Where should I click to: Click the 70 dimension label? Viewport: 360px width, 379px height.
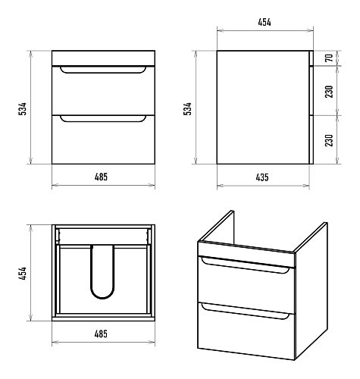point(329,58)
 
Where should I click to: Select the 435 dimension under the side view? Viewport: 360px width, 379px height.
point(262,177)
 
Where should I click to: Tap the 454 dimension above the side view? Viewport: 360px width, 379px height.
point(265,22)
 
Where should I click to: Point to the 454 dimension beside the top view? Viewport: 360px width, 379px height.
point(22,273)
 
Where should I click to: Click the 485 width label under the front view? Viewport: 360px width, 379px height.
point(101,177)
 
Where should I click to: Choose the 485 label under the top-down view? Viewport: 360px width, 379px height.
point(101,334)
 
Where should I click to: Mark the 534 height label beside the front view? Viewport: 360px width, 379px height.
point(22,109)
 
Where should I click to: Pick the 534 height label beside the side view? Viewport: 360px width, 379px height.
point(187,109)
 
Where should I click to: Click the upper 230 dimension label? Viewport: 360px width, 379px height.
point(329,92)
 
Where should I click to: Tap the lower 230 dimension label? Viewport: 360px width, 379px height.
point(329,140)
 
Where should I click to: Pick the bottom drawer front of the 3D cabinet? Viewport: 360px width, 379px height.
point(246,331)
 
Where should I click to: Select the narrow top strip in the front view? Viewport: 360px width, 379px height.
point(103,58)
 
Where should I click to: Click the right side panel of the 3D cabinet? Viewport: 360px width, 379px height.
point(311,290)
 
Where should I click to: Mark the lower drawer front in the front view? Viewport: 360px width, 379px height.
point(103,139)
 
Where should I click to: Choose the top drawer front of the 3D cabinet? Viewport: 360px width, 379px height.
point(246,285)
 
